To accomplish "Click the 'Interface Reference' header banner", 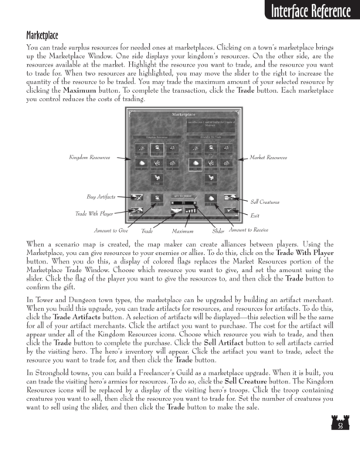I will point(305,12).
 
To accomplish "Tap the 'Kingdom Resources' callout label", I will point(89,157).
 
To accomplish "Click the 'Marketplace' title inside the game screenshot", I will point(180,114).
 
